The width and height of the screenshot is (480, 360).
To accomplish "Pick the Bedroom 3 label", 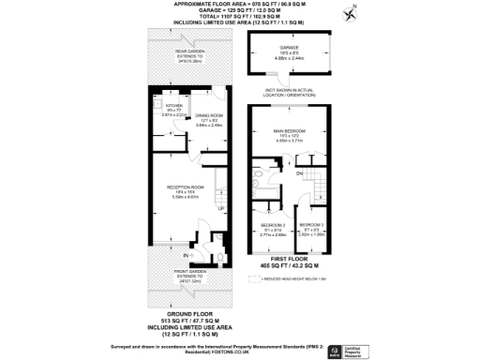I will [x=311, y=226].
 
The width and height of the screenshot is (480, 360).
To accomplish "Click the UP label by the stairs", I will [x=221, y=208].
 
